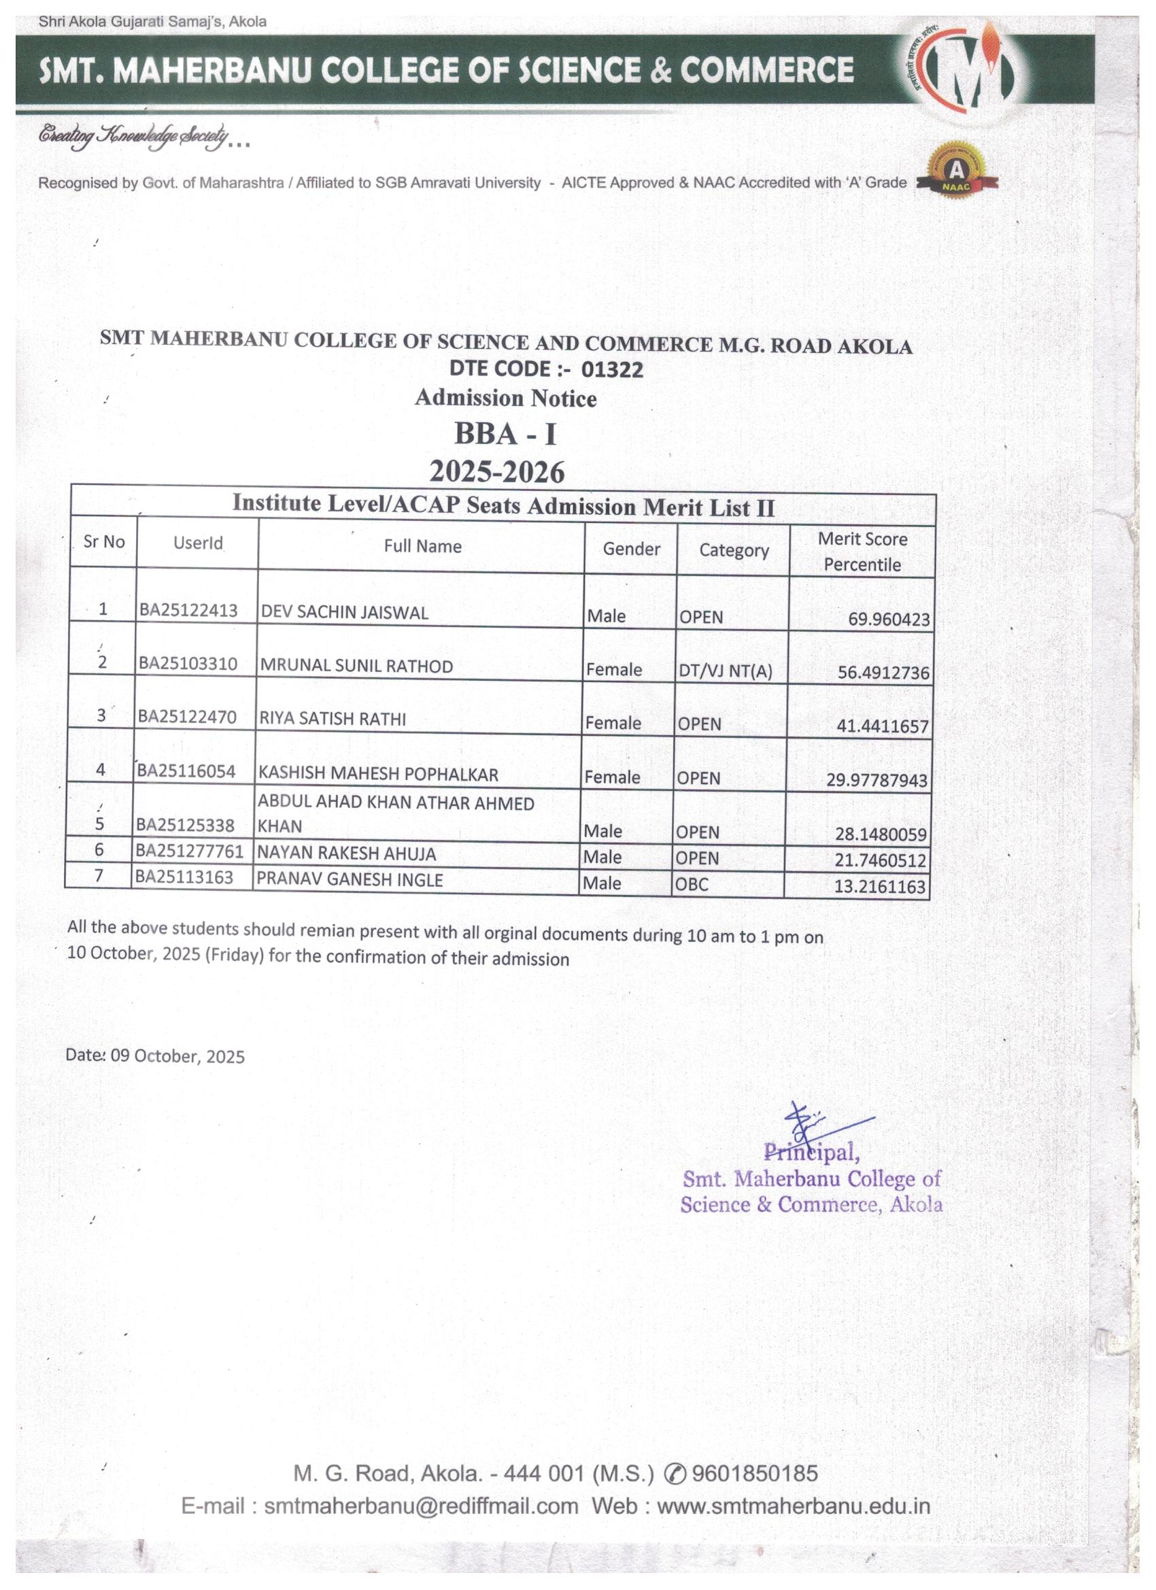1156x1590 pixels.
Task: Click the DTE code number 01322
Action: (611, 369)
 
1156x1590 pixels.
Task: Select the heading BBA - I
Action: (505, 434)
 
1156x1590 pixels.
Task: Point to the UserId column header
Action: (198, 543)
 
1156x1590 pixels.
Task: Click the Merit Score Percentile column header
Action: (862, 551)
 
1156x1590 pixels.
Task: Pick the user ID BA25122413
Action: (188, 610)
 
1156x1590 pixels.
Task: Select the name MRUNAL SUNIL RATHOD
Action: (356, 665)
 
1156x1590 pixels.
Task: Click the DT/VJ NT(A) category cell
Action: (725, 671)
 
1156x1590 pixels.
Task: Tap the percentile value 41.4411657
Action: (882, 726)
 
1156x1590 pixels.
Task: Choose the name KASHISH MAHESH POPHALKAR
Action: (378, 773)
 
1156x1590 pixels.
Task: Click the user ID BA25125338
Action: (185, 825)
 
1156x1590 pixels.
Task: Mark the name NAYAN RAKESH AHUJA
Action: (346, 853)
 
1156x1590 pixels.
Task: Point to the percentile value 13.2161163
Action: (879, 886)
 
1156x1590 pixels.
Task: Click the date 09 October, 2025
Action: (177, 1057)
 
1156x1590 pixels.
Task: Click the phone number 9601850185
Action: (754, 1474)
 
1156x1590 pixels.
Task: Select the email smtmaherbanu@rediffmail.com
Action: (421, 1506)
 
